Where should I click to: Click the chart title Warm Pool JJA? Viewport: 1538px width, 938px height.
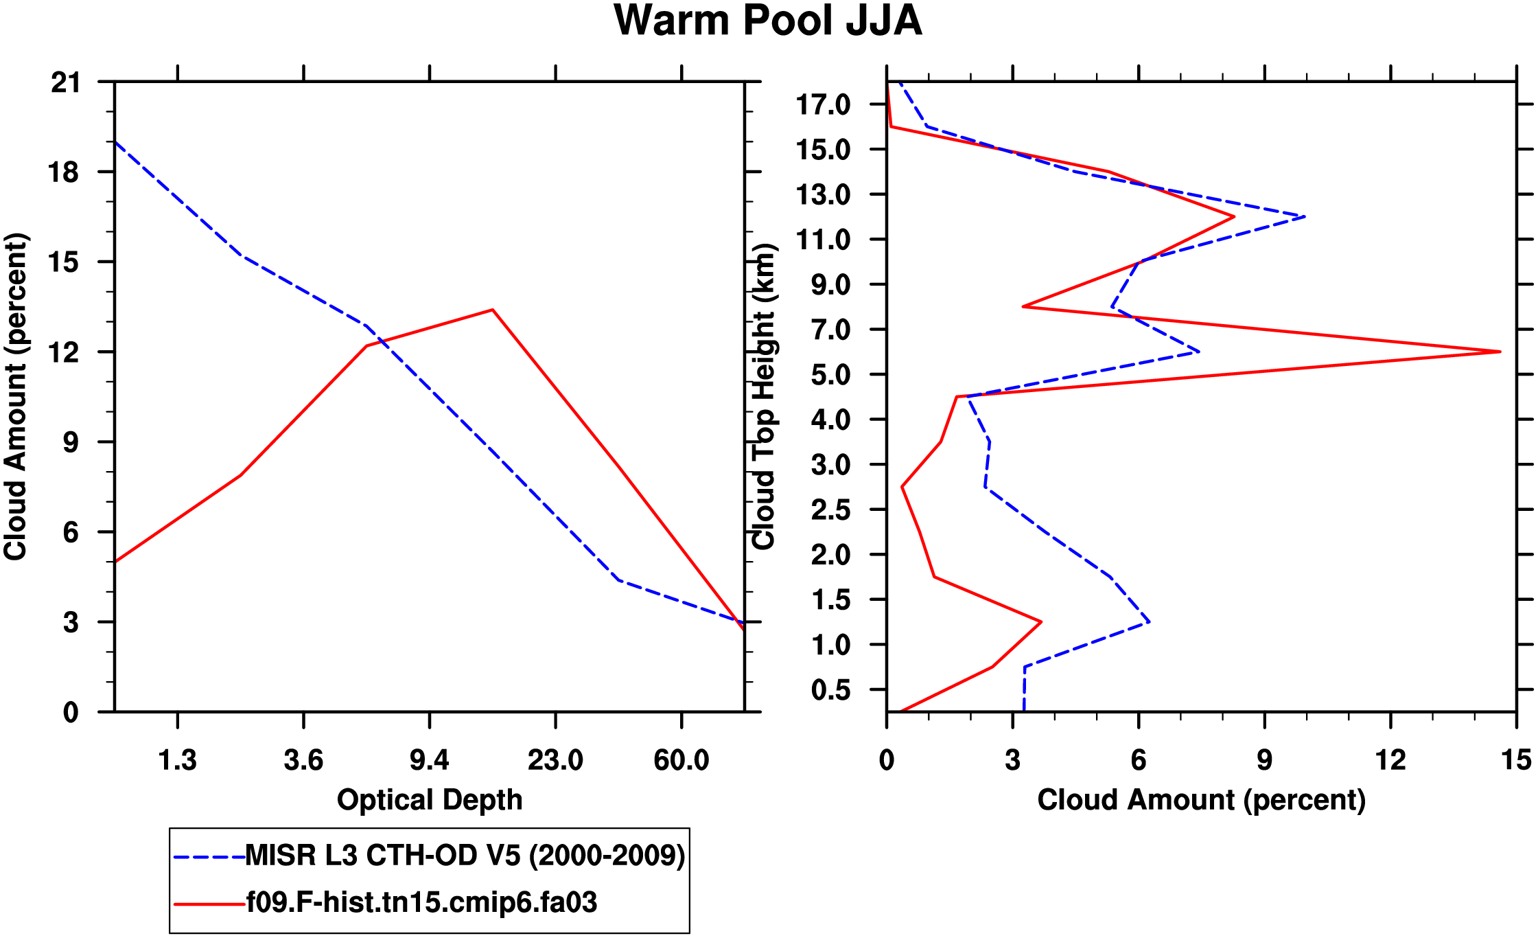coord(767,21)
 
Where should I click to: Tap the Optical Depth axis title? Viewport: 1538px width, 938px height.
coord(430,800)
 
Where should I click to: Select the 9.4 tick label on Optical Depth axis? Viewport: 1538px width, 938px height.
coord(430,760)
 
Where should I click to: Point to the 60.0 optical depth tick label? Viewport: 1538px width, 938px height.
coord(681,760)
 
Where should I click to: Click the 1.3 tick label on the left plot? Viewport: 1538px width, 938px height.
coord(177,760)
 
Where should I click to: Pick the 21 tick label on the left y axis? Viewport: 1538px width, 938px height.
coord(66,83)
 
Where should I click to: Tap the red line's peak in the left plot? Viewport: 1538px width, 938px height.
coord(493,310)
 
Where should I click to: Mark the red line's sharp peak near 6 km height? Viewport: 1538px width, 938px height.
coord(1500,352)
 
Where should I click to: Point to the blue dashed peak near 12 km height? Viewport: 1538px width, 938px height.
coord(1304,217)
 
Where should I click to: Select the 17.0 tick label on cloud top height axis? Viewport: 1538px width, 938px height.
coord(823,105)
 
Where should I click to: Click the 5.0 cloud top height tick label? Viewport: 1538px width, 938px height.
coord(830,375)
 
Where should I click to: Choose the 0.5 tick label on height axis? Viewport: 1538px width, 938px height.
coord(830,690)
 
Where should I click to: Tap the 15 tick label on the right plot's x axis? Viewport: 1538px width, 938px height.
coord(1516,760)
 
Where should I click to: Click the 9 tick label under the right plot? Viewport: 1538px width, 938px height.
coord(1264,760)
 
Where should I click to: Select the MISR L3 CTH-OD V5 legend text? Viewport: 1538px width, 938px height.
coord(465,856)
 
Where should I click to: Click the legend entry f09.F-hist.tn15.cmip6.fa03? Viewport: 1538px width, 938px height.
coord(421,902)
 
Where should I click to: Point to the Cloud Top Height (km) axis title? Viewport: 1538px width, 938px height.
coord(764,397)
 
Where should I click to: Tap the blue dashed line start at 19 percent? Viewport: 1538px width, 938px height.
coord(115,142)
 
